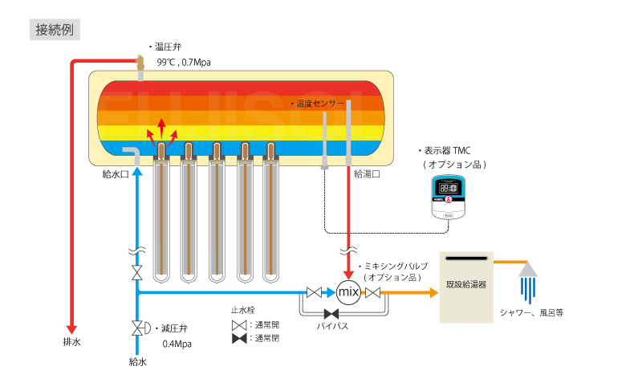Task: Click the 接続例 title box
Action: (55, 30)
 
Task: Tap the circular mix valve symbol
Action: (348, 292)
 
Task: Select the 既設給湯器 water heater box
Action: (466, 287)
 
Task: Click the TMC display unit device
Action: (449, 198)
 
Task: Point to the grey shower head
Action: (528, 270)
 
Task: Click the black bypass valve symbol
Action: (331, 314)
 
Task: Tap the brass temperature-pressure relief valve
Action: (140, 63)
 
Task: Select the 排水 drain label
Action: (71, 342)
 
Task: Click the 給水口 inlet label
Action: (116, 174)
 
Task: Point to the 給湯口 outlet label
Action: (367, 174)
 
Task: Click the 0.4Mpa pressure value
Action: (177, 344)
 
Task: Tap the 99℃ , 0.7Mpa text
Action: (184, 63)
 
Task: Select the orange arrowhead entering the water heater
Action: (433, 292)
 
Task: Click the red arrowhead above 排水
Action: (71, 330)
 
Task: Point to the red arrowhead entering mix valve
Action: (348, 275)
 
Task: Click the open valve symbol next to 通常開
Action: (239, 325)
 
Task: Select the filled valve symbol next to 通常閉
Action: (239, 339)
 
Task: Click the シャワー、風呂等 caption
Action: (531, 313)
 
